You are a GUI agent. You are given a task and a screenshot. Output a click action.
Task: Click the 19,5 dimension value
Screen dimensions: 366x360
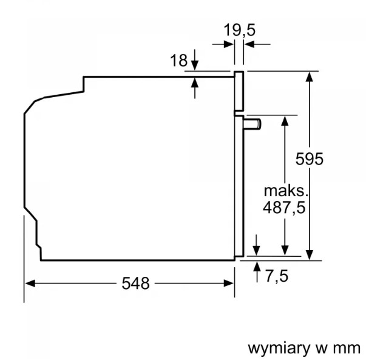240,30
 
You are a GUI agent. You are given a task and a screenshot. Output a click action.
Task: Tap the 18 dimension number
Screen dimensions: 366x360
179,61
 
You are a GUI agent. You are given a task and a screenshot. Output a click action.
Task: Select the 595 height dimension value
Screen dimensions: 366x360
310,159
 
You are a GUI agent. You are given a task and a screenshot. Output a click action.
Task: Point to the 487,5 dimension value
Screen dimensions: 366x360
284,207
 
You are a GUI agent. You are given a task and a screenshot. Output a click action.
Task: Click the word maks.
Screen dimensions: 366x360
286,191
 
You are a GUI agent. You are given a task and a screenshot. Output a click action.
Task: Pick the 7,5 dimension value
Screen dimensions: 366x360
277,276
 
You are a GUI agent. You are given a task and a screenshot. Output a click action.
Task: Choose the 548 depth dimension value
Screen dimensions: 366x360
135,284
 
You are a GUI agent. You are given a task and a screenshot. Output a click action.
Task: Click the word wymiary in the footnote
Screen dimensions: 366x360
279,349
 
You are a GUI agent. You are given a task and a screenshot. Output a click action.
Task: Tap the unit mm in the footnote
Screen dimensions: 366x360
347,349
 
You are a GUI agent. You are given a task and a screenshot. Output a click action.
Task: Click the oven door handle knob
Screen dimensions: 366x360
252,124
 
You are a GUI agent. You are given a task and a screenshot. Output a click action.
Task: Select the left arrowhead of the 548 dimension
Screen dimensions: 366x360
30,284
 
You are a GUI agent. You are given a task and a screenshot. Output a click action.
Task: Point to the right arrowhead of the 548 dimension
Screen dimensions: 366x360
228,284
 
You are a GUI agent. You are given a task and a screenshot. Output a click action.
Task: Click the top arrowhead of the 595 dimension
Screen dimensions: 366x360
310,76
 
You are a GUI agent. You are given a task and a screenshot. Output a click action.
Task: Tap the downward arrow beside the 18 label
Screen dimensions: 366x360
195,59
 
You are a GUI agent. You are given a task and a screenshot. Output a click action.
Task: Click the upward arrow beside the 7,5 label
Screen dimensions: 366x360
257,272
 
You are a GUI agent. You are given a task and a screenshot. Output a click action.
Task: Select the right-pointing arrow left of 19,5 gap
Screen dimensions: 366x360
223,44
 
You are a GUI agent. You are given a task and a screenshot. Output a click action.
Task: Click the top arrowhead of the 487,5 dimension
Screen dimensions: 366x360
285,121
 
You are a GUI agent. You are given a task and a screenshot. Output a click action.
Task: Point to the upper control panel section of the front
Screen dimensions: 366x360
239,91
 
